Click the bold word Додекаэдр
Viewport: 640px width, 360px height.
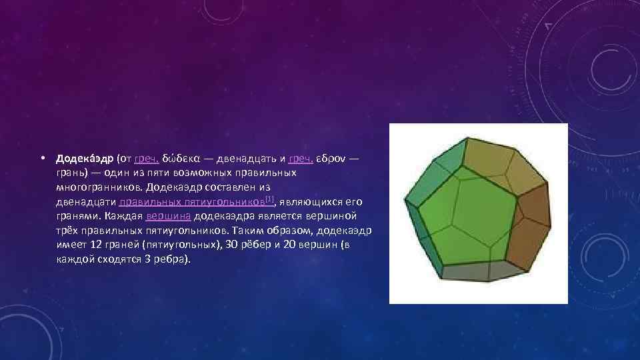pyautogui.click(x=85, y=159)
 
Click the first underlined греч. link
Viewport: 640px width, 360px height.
pyautogui.click(x=145, y=159)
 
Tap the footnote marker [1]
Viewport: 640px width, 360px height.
pyautogui.click(x=269, y=199)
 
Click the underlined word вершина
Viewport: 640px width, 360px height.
pyautogui.click(x=169, y=216)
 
